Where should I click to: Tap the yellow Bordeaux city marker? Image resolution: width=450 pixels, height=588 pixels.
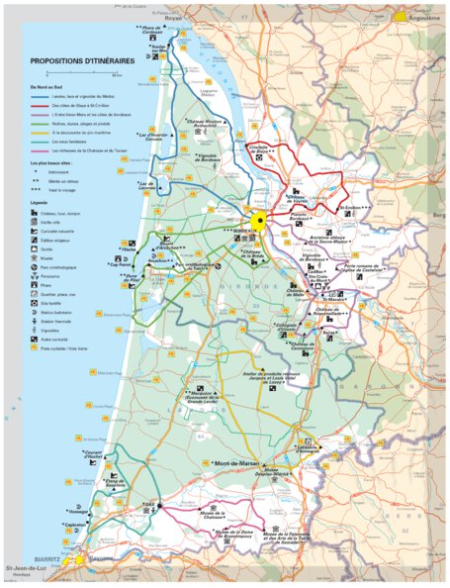click(259, 221)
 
